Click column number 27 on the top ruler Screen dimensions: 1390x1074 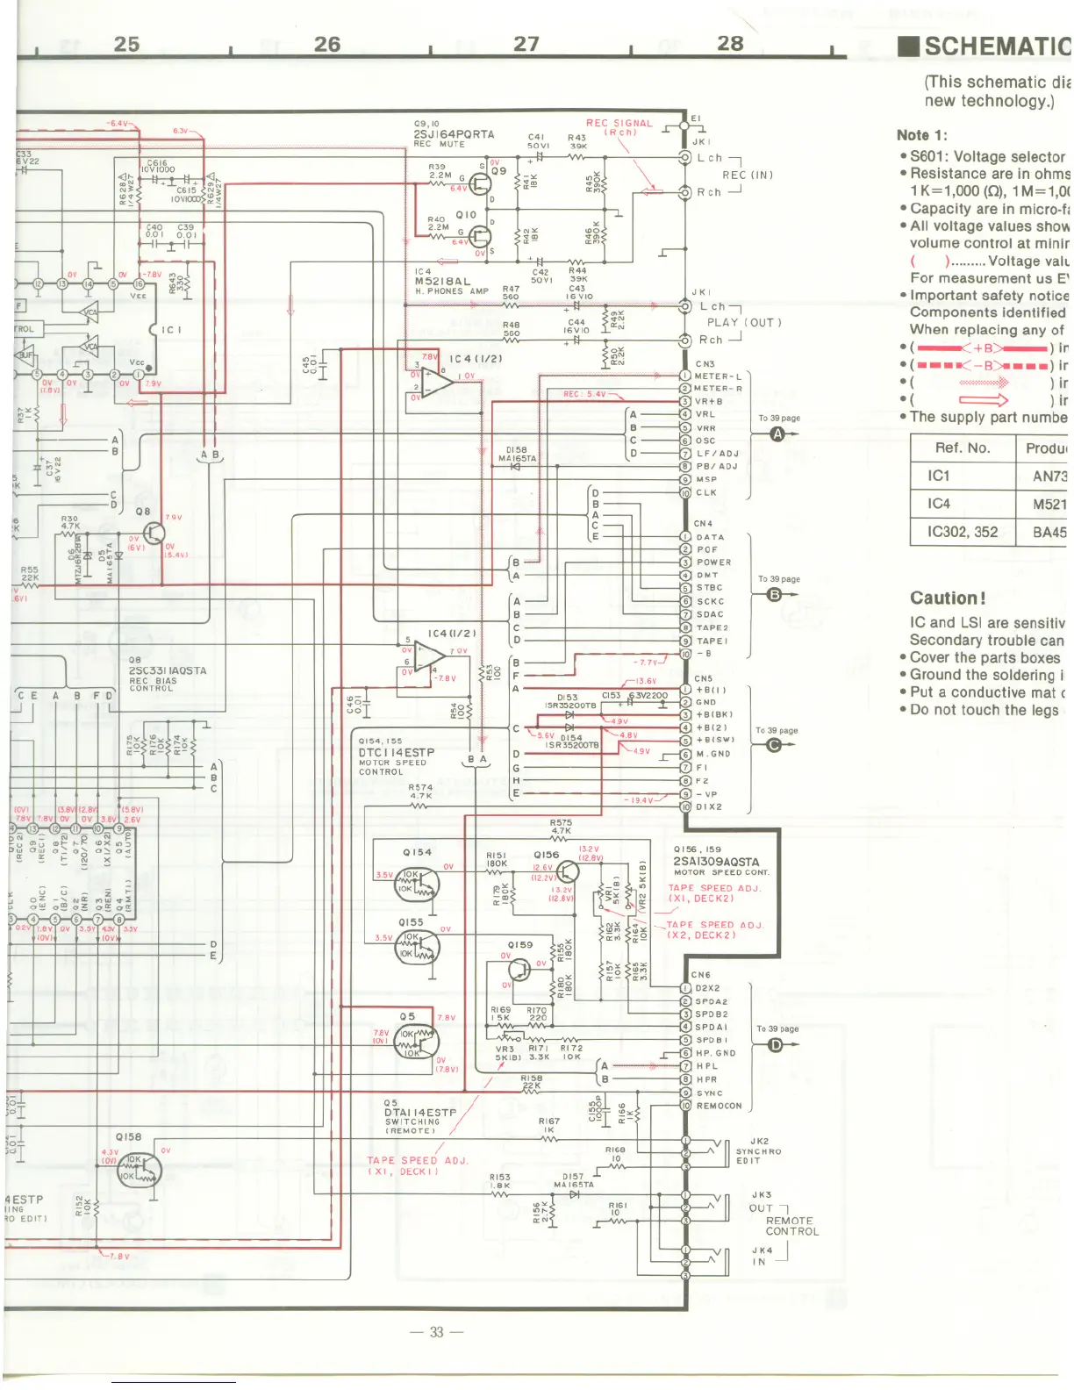[x=526, y=44]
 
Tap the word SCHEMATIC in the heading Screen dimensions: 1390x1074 [x=997, y=47]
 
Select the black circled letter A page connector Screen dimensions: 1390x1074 [x=777, y=434]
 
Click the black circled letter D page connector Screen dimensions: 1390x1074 [x=776, y=1044]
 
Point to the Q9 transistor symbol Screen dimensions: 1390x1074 [x=480, y=183]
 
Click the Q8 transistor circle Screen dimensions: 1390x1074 [x=154, y=534]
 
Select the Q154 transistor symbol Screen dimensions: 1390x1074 [x=417, y=883]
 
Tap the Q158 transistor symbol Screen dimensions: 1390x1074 [x=140, y=1170]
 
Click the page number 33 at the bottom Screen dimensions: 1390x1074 [x=436, y=1332]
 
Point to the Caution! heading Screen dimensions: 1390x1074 [x=948, y=598]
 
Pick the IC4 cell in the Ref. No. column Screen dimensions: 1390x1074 [x=939, y=504]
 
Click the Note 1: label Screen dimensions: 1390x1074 [x=921, y=135]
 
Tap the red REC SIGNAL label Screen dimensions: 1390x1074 [x=619, y=124]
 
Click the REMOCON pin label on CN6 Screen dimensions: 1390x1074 [x=719, y=1106]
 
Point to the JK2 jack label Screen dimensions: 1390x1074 [x=759, y=1142]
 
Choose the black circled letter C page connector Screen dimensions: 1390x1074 [x=774, y=745]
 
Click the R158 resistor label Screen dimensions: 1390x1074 [x=532, y=1078]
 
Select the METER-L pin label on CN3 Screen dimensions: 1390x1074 [x=718, y=376]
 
